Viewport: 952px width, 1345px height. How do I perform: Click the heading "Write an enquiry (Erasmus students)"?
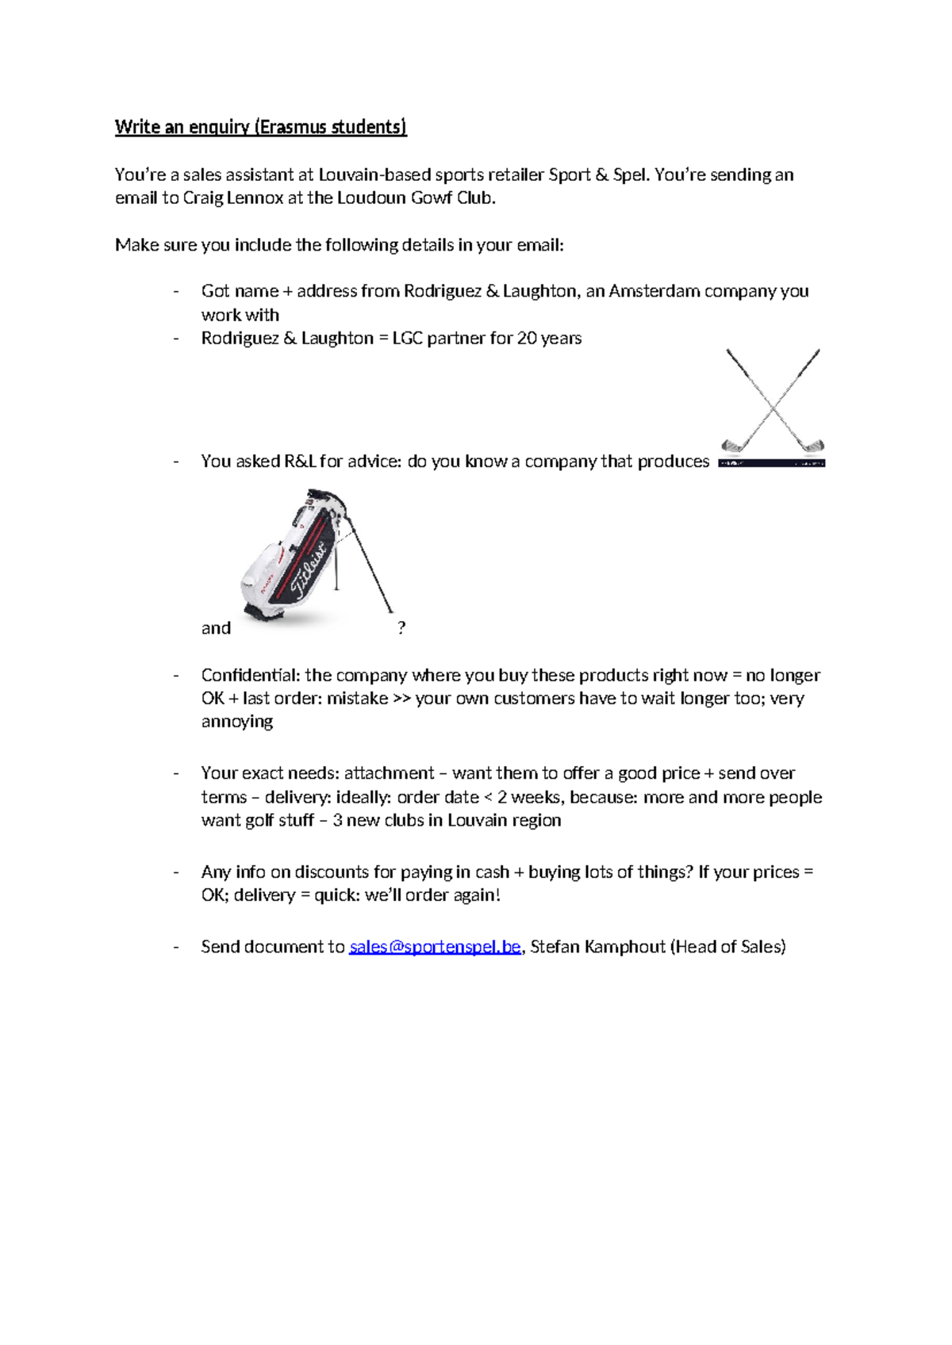click(260, 127)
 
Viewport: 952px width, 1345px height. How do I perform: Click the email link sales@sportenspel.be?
click(435, 946)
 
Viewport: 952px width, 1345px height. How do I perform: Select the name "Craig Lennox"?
click(233, 198)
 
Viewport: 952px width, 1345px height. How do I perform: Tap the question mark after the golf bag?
click(401, 628)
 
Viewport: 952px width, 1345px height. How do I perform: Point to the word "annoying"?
click(236, 722)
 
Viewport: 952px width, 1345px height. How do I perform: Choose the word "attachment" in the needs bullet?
click(389, 773)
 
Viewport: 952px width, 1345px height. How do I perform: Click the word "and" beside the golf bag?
click(216, 628)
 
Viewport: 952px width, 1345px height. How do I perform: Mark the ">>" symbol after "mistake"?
click(401, 699)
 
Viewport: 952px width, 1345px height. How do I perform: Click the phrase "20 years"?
click(549, 338)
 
